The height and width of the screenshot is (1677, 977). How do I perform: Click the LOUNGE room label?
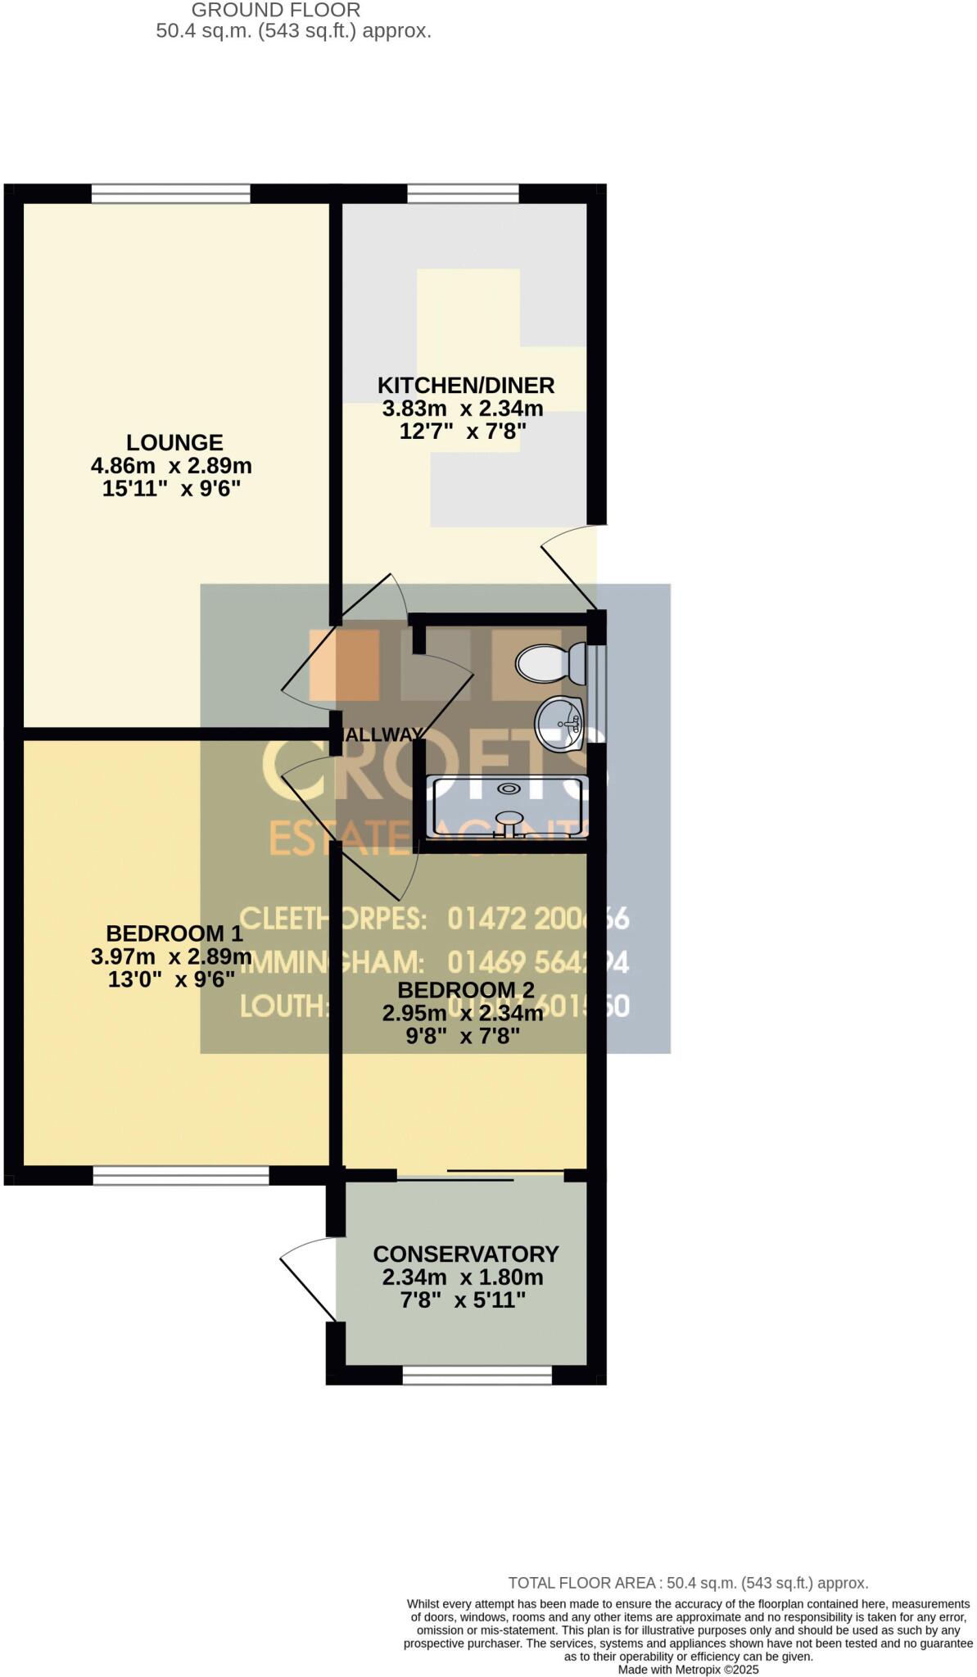[174, 443]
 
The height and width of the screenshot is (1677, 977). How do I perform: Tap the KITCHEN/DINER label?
[465, 385]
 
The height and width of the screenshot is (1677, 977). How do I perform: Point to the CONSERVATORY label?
[465, 1254]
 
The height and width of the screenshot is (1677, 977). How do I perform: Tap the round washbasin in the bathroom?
[559, 723]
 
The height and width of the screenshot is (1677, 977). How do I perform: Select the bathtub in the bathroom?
[509, 807]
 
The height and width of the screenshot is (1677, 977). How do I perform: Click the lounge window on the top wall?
[170, 193]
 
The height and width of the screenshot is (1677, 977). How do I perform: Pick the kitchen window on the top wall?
[463, 193]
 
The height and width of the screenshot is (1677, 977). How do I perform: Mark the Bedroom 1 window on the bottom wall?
[181, 1176]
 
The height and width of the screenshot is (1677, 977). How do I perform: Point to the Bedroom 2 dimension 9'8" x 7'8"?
[464, 1037]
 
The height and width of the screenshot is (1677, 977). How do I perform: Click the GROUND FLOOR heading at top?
[276, 11]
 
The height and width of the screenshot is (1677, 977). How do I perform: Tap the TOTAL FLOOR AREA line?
[688, 1584]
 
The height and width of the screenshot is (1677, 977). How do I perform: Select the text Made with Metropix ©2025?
[688, 1670]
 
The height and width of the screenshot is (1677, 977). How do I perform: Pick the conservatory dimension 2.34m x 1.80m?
[463, 1277]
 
